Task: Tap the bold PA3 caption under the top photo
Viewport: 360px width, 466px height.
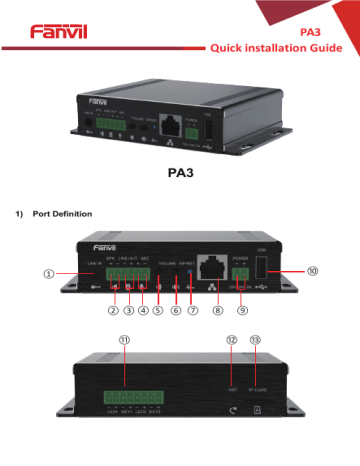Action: (x=180, y=171)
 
